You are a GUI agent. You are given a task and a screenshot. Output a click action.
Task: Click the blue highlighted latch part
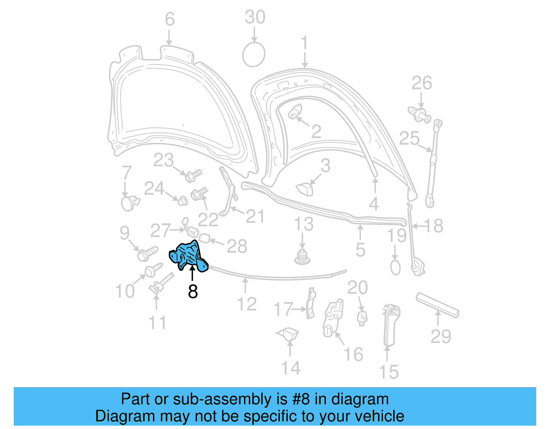pos(188,256)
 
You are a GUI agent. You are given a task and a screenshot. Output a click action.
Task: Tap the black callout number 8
pos(193,291)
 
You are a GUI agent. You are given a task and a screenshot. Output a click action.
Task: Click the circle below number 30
pos(254,55)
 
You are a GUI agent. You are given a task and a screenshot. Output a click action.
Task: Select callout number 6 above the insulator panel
pos(169,19)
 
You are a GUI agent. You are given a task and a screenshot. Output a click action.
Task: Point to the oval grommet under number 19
pos(395,267)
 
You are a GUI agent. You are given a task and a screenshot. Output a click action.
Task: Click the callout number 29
pos(441,336)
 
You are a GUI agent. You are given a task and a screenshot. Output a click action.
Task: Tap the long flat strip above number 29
pos(437,305)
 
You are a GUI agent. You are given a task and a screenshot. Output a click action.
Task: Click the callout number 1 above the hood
pos(305,44)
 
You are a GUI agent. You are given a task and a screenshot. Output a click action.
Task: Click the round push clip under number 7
pos(129,203)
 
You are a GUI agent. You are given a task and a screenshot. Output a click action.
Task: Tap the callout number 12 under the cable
pos(247,304)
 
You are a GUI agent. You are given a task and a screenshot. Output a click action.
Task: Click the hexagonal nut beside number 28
pos(205,238)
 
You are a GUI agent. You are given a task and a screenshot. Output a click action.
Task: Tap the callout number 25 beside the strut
pos(409,138)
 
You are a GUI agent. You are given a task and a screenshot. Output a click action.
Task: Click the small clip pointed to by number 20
pos(362,317)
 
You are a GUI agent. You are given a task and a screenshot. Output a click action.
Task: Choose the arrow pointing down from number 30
pos(254,35)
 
